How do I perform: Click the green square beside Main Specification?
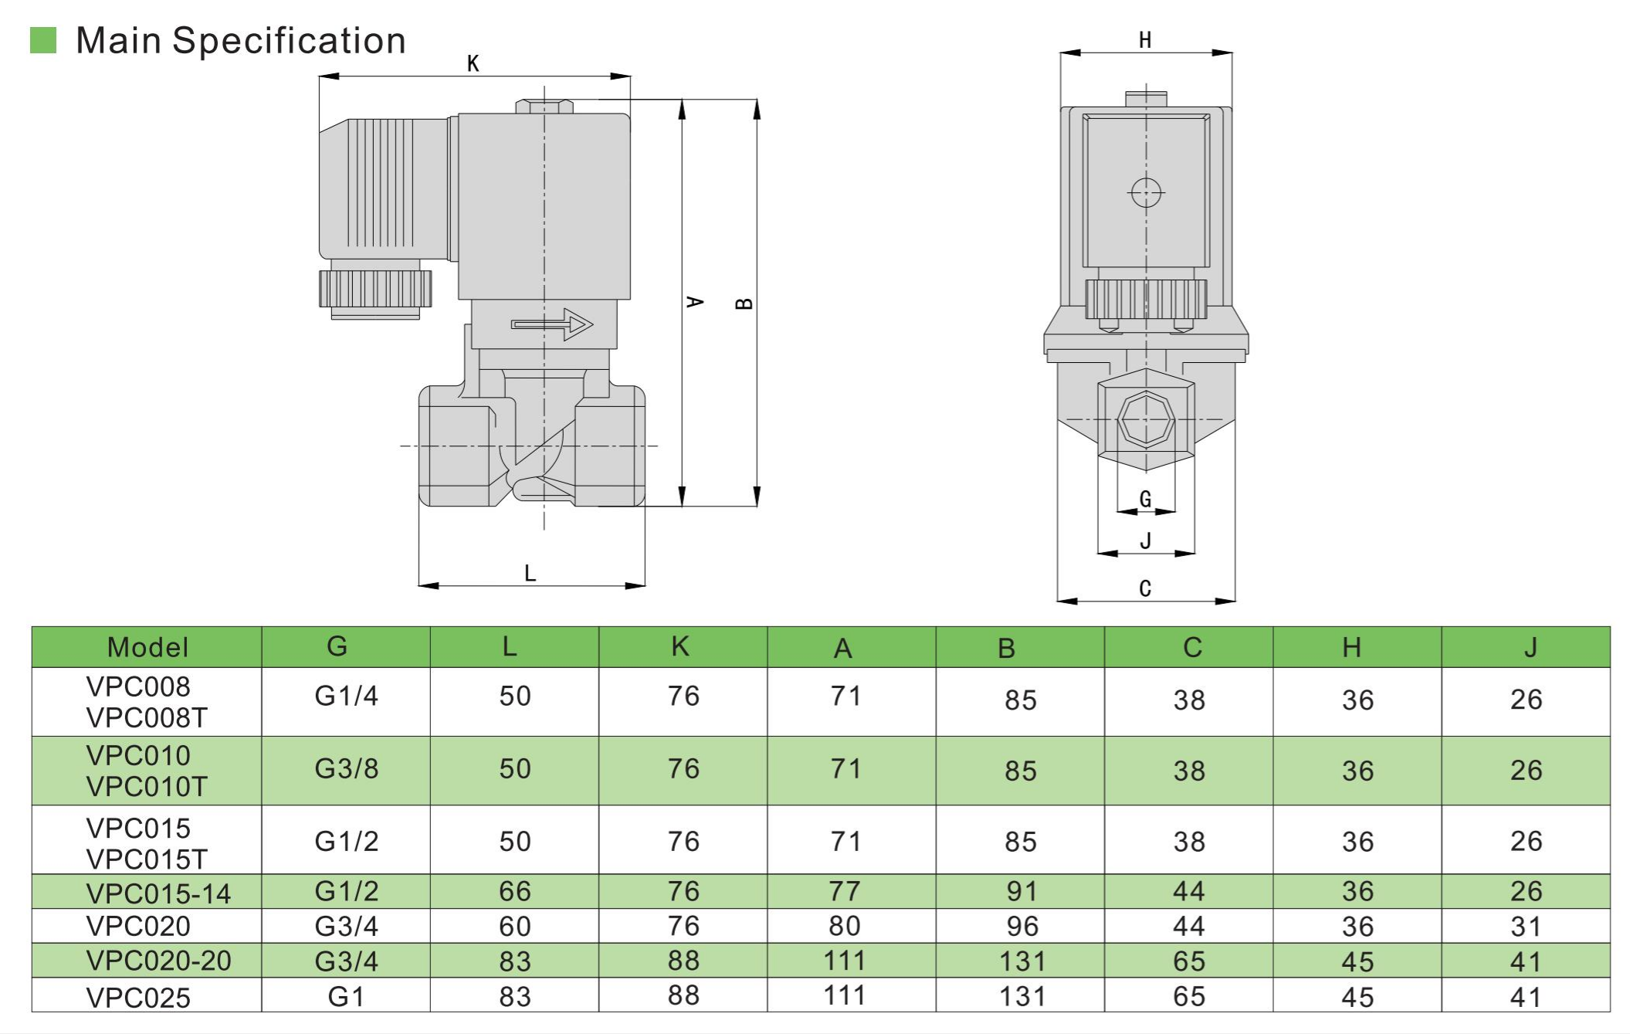pyautogui.click(x=43, y=40)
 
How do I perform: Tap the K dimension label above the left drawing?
pyautogui.click(x=473, y=63)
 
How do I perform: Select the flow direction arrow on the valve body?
pyautogui.click(x=551, y=324)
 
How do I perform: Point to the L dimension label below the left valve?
pyautogui.click(x=530, y=573)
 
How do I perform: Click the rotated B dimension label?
pyautogui.click(x=744, y=303)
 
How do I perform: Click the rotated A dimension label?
pyautogui.click(x=695, y=302)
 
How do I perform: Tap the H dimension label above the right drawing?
pyautogui.click(x=1145, y=40)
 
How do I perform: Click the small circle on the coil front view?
pyautogui.click(x=1146, y=192)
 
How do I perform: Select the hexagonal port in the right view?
pyautogui.click(x=1146, y=420)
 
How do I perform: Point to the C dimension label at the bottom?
pyautogui.click(x=1145, y=588)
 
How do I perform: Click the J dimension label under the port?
pyautogui.click(x=1145, y=541)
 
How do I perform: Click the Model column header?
pyautogui.click(x=147, y=647)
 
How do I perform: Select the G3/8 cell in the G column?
pyautogui.click(x=346, y=769)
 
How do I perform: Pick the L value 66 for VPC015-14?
pyautogui.click(x=514, y=891)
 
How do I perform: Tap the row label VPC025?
pyautogui.click(x=138, y=997)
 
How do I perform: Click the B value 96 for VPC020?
pyautogui.click(x=1022, y=926)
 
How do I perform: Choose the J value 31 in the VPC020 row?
pyautogui.click(x=1526, y=926)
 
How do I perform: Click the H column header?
pyautogui.click(x=1351, y=647)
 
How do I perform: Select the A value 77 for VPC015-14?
pyautogui.click(x=844, y=891)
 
